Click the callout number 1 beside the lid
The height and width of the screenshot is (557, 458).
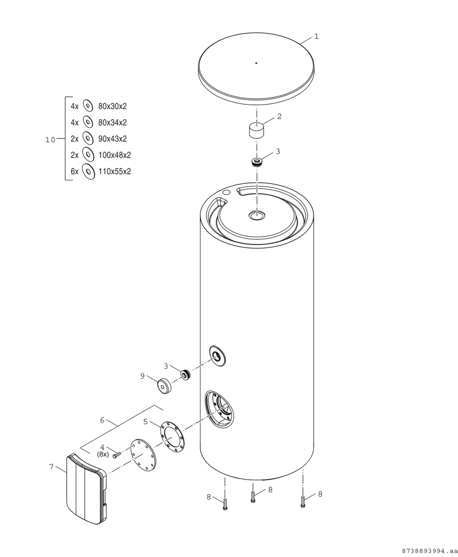pos(316,37)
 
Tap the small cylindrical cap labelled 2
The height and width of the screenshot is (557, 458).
pos(256,130)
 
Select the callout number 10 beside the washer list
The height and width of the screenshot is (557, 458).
pos(50,140)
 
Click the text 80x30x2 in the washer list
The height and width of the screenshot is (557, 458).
pos(112,106)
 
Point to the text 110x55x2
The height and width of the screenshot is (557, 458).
pos(114,171)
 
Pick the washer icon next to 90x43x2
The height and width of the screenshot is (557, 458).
pos(88,138)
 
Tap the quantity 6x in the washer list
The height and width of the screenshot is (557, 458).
pos(74,171)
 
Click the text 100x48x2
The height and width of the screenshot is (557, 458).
pos(114,155)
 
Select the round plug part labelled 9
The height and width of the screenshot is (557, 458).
pos(164,386)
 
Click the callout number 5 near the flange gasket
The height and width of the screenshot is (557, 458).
pos(145,421)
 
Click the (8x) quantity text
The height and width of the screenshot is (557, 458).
pos(103,454)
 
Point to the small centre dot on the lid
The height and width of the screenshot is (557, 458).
pos(256,63)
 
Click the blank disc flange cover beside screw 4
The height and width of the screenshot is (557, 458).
pos(143,455)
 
